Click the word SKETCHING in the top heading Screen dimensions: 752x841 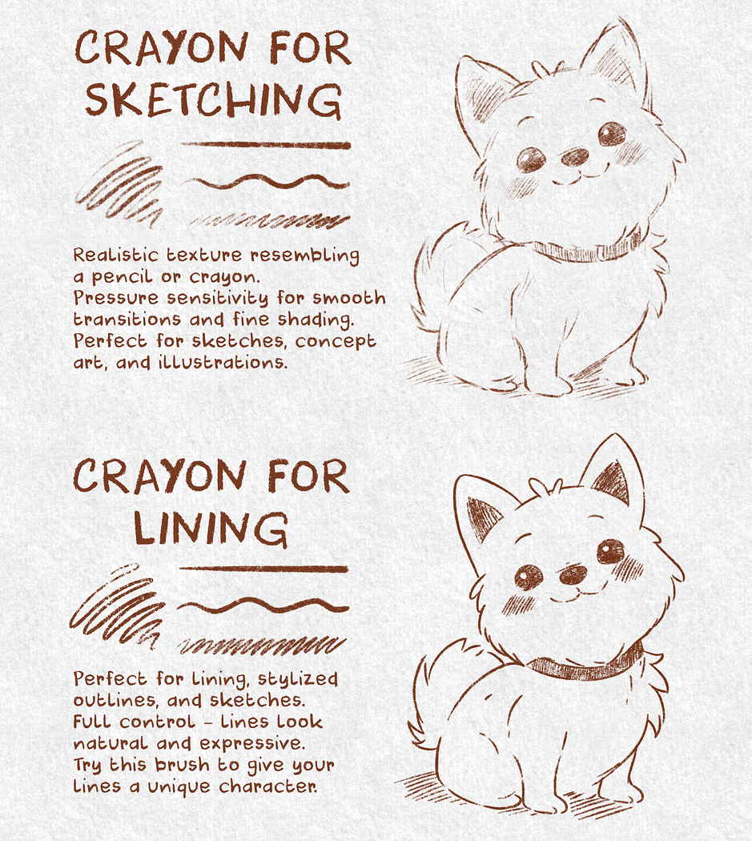214,100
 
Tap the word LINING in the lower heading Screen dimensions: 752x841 211,529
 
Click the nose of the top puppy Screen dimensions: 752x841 575,157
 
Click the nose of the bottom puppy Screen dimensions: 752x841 573,574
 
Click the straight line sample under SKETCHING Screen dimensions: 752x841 266,144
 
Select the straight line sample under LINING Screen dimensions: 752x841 263,569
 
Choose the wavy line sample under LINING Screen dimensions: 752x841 263,606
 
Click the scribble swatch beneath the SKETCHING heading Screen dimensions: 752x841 119,183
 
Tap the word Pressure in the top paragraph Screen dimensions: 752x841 116,298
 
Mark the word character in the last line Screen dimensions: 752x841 267,787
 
